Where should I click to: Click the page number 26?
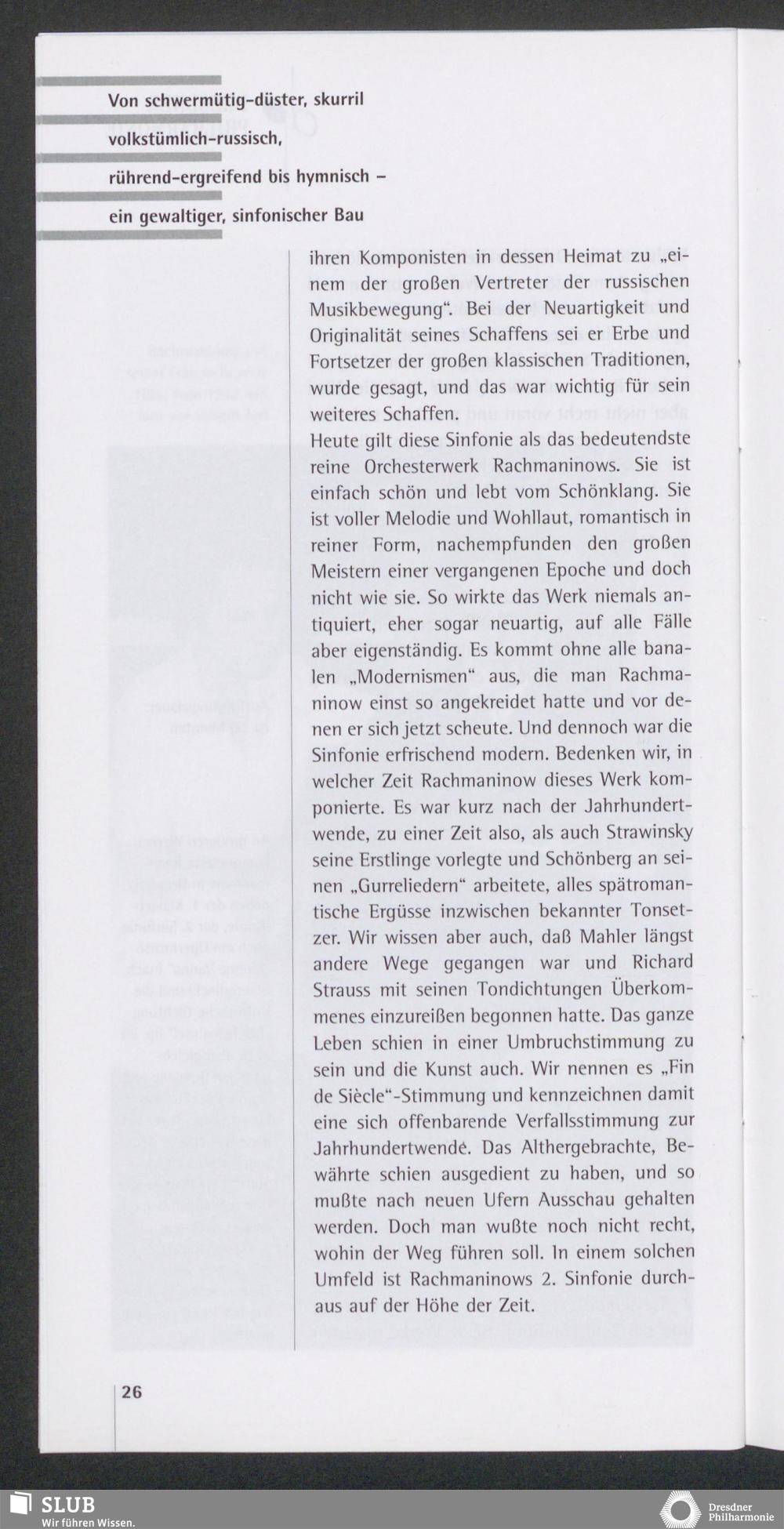click(x=132, y=1392)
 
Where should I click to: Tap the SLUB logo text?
click(x=68, y=1505)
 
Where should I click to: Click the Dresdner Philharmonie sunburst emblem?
click(x=681, y=1509)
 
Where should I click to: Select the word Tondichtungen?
click(x=518, y=990)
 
